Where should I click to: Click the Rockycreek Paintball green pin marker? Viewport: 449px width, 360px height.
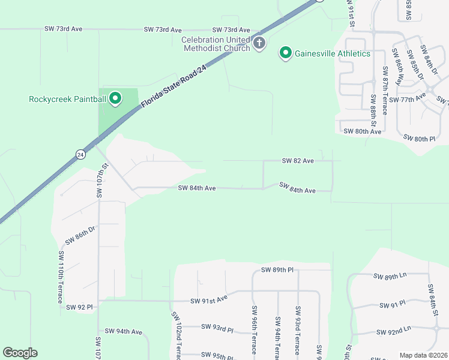point(115,98)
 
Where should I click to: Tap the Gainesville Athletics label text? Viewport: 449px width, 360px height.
point(332,53)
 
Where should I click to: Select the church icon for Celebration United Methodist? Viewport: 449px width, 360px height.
point(259,43)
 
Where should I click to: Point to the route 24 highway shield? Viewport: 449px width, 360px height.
point(80,154)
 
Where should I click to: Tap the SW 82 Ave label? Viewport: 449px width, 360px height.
point(298,161)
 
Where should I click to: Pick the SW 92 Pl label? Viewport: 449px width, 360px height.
point(79,307)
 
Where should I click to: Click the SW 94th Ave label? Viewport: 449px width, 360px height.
point(123,331)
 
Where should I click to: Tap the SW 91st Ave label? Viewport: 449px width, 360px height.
point(209,299)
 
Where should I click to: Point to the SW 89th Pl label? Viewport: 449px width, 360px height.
point(277,271)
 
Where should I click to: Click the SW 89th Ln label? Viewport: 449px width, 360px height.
point(390,277)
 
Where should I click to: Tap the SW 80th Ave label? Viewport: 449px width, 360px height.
point(362,131)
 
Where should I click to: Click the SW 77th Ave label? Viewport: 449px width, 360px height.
point(407,97)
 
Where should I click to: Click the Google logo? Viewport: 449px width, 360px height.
point(20,353)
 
